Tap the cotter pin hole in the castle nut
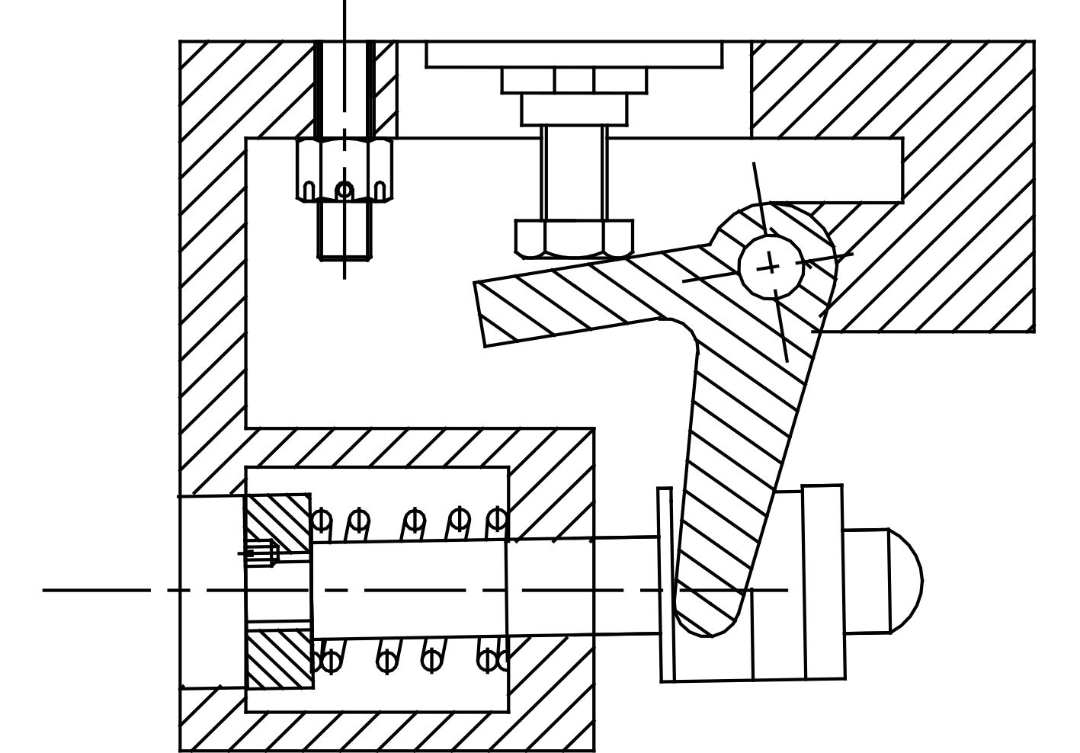click(345, 190)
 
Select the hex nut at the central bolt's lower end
click(574, 238)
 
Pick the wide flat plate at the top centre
click(574, 54)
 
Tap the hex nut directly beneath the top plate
click(574, 80)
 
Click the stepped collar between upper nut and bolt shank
click(574, 110)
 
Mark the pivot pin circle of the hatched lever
click(771, 266)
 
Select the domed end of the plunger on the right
click(905, 581)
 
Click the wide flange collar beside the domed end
click(823, 582)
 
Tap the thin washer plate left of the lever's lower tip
click(666, 583)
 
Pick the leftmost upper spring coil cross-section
click(322, 521)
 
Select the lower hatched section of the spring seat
click(278, 659)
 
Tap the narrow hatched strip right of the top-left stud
click(386, 88)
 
